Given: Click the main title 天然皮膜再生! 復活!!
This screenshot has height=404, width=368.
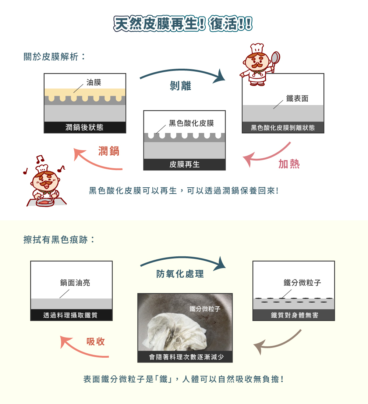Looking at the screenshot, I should pyautogui.click(x=183, y=24).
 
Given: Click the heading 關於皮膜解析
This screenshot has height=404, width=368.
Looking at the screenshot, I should pyautogui.click(x=54, y=57).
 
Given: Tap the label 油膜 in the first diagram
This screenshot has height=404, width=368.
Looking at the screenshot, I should pyautogui.click(x=93, y=82).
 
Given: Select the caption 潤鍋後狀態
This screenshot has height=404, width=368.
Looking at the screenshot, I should pyautogui.click(x=85, y=127).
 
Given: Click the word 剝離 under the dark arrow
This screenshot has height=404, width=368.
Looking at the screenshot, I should pyautogui.click(x=180, y=86).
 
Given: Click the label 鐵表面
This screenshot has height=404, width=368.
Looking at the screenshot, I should pyautogui.click(x=297, y=98).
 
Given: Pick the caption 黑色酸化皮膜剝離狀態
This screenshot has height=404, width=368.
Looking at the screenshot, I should pyautogui.click(x=283, y=128).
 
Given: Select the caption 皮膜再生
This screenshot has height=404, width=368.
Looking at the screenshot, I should pyautogui.click(x=184, y=165).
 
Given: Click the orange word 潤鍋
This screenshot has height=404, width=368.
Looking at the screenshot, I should pyautogui.click(x=109, y=151).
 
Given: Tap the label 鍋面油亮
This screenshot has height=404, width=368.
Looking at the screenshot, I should pyautogui.click(x=75, y=283).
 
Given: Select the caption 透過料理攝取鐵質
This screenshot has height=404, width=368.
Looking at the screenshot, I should pyautogui.click(x=71, y=315).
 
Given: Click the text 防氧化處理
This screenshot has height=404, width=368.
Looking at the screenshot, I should pyautogui.click(x=180, y=274).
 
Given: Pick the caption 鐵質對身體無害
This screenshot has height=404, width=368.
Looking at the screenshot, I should pyautogui.click(x=293, y=315).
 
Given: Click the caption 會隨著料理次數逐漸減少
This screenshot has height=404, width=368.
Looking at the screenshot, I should pyautogui.click(x=185, y=357).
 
